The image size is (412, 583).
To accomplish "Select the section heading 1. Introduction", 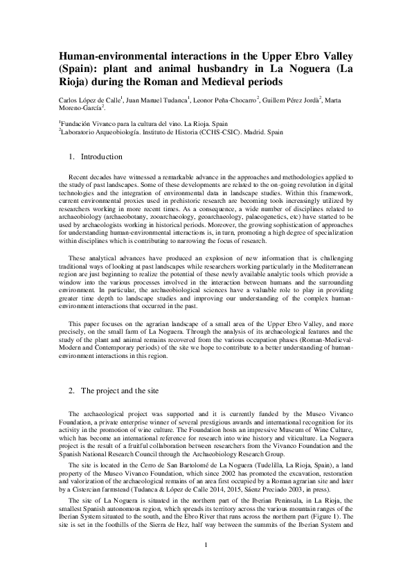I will point(96,157).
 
